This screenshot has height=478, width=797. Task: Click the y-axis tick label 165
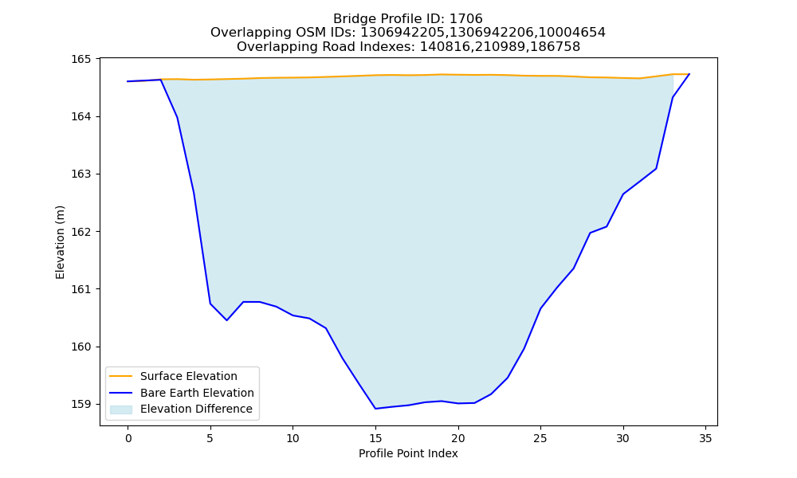[x=80, y=59]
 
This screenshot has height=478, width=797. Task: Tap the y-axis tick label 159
[x=80, y=405]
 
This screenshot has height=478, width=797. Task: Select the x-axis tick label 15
[x=375, y=438]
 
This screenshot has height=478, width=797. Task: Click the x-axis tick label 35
[x=705, y=438]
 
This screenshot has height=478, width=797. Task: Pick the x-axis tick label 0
[x=128, y=438]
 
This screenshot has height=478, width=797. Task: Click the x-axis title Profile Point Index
[x=408, y=453]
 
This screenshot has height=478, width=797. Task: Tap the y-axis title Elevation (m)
[x=60, y=242]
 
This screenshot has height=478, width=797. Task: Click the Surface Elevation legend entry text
[x=189, y=376]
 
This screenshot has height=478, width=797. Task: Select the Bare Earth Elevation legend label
[x=197, y=393]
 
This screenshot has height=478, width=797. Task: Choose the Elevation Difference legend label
[x=196, y=409]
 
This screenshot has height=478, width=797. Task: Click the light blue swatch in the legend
[x=121, y=409]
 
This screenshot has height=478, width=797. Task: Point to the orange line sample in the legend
[x=121, y=376]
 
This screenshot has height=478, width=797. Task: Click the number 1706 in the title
[x=466, y=19]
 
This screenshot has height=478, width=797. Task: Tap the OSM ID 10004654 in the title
[x=571, y=33]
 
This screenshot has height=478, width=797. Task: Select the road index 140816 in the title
[x=442, y=47]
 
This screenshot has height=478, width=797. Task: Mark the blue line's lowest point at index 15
[x=375, y=409]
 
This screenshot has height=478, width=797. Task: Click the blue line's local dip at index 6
[x=226, y=320]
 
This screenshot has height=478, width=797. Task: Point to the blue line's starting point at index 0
[x=128, y=81]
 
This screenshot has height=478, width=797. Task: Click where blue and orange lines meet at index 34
[x=689, y=74]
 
